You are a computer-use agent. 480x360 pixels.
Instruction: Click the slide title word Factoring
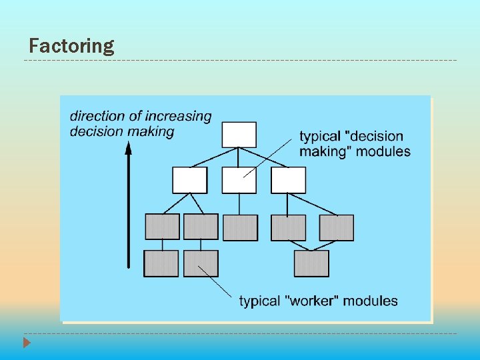[x=71, y=46]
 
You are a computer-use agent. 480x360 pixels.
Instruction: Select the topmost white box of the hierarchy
[x=239, y=134]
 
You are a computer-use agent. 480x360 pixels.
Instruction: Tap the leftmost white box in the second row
[x=189, y=180]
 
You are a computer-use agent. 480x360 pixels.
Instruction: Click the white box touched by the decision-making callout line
[x=239, y=180]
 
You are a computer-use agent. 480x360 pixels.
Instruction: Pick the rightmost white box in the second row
[x=288, y=180]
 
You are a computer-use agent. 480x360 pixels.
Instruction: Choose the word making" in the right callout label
[x=325, y=151]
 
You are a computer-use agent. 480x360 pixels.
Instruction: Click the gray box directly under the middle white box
[x=240, y=227]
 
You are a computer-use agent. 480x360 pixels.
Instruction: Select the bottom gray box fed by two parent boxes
[x=311, y=263]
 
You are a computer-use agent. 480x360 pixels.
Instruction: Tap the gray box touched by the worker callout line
[x=201, y=263]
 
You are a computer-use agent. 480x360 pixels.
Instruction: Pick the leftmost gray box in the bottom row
[x=161, y=263]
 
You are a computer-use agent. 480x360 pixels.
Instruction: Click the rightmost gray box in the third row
[x=336, y=227]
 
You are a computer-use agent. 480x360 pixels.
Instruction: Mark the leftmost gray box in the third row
[x=162, y=227]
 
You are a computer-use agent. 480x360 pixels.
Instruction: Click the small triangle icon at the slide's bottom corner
[x=26, y=343]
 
